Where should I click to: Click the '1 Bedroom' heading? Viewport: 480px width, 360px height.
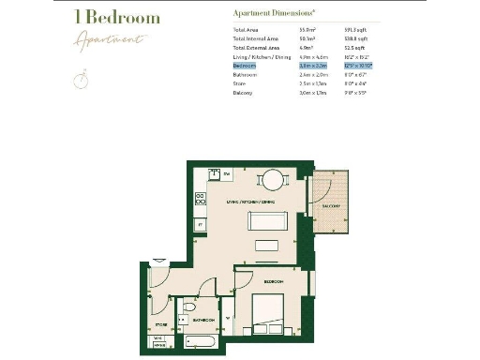click(x=117, y=18)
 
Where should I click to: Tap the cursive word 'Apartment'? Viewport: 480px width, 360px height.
click(x=112, y=39)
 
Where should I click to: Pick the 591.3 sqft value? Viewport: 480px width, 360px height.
click(x=357, y=31)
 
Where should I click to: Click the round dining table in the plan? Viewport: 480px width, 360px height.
click(x=271, y=179)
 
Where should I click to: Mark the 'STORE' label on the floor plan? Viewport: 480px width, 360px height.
click(x=161, y=324)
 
